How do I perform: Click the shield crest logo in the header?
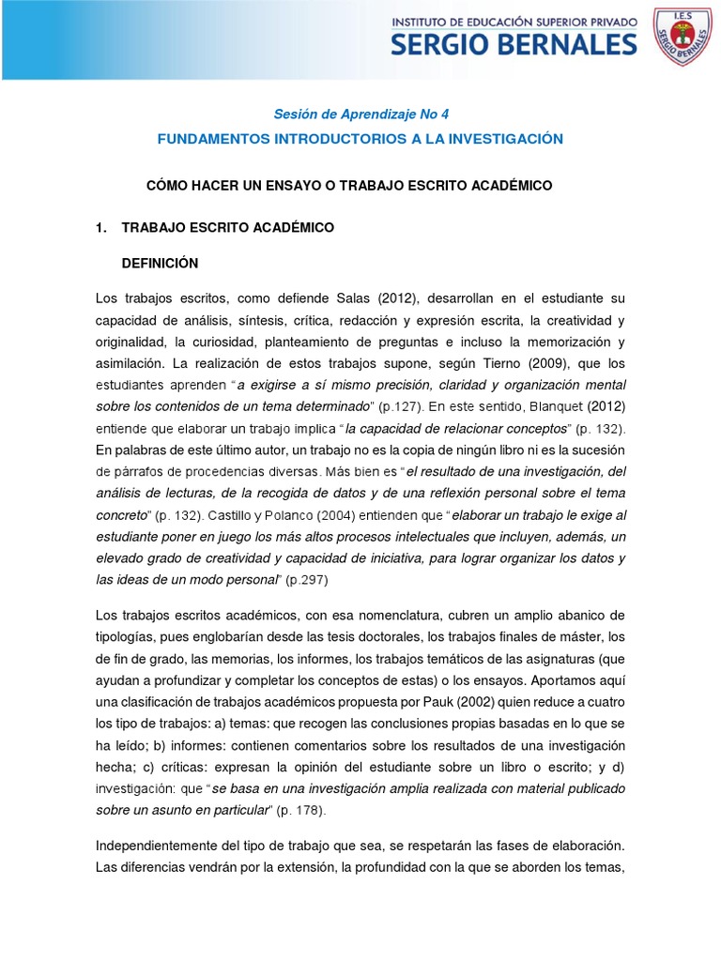[x=683, y=38]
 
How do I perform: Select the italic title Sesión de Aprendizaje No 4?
[x=360, y=114]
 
